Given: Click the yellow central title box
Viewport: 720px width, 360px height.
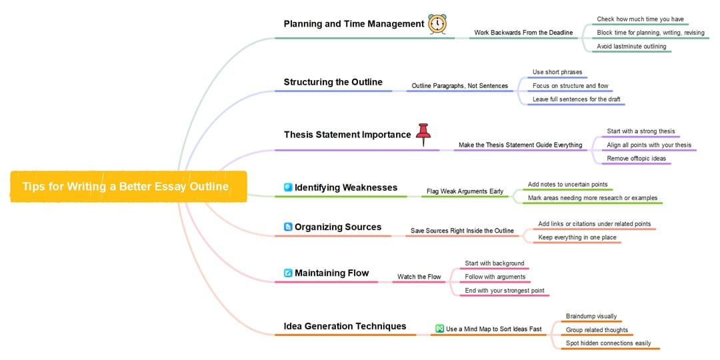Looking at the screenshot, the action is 129,187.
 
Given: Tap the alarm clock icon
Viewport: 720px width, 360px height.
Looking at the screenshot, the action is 437,23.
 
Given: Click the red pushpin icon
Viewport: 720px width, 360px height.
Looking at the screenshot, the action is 423,135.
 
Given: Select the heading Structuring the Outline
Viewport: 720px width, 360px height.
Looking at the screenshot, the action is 333,82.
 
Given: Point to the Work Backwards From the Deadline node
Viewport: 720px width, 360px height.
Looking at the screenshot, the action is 523,33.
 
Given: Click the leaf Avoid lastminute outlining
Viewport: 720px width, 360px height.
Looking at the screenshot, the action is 631,47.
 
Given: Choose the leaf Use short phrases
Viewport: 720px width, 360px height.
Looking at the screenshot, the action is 557,72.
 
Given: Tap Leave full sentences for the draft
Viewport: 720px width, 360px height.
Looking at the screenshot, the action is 576,99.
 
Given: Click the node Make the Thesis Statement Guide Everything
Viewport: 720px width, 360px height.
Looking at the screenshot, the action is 520,145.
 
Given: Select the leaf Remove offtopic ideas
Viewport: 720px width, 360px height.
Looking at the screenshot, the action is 637,159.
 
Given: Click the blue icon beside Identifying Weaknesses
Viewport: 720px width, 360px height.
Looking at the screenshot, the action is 289,187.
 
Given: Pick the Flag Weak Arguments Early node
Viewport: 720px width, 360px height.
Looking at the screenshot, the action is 465,191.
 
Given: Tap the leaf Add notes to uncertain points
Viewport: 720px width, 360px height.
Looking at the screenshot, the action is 567,185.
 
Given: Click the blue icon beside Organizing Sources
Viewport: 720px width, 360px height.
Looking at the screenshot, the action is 289,227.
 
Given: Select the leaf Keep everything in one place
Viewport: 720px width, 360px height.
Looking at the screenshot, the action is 577,237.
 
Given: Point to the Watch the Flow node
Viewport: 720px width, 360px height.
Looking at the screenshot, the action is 419,277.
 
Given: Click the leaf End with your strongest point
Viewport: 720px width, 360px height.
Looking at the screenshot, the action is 505,291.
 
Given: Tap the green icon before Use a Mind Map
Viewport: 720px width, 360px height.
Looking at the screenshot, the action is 439,329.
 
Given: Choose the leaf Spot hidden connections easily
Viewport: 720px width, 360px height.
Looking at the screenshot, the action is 609,343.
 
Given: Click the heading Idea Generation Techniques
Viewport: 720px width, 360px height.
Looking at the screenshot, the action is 345,327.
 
